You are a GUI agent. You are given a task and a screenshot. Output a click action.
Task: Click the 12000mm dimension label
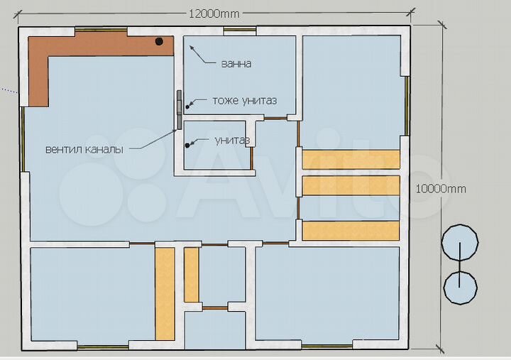click(214, 13)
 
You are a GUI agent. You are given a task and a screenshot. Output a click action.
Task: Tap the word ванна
click(236, 64)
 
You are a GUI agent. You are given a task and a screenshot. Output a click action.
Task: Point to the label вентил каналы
click(84, 150)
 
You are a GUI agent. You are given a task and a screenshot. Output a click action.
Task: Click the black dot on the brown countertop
click(160, 41)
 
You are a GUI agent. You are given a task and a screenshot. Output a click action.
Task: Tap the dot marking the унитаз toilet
click(188, 146)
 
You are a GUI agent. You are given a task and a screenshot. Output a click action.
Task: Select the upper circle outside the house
click(460, 244)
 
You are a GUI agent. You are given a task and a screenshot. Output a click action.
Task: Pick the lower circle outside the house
click(460, 287)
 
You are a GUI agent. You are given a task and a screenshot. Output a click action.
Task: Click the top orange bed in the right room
click(351, 159)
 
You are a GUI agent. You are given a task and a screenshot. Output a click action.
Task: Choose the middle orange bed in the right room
click(351, 185)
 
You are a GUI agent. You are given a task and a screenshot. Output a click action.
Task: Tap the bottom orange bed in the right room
click(351, 230)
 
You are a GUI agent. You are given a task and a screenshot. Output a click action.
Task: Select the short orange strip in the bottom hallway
click(192, 274)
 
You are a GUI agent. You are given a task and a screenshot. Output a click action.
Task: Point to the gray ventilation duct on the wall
click(179, 110)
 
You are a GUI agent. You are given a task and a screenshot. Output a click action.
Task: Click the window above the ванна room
click(239, 31)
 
